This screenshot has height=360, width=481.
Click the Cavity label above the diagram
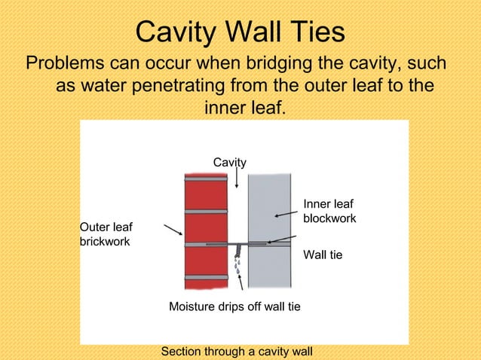pos(229,162)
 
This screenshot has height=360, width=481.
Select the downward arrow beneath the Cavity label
pos(237,178)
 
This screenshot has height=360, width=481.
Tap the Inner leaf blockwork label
pos(329,211)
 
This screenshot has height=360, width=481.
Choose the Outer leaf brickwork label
pos(106,234)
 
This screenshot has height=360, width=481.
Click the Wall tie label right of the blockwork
pos(323,255)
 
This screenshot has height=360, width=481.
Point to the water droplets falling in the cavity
pos(237,264)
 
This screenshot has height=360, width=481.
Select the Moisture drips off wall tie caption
pos(234,307)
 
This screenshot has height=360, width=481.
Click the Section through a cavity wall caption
pos(237,352)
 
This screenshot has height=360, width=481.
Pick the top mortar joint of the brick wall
pos(206,179)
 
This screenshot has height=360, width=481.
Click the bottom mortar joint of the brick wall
pos(206,277)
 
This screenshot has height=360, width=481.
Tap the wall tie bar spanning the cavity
pos(237,244)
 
